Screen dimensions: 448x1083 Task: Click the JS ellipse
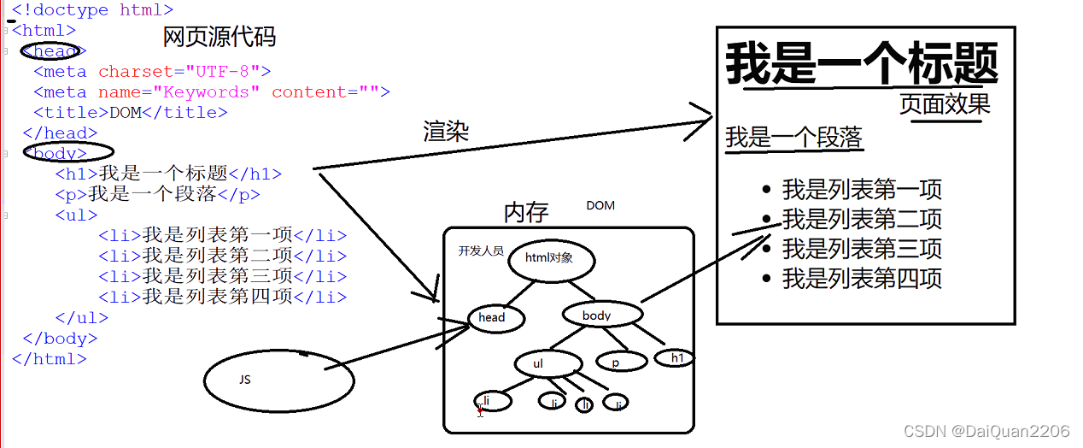pyautogui.click(x=279, y=379)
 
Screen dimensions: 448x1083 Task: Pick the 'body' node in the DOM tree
pyautogui.click(x=600, y=315)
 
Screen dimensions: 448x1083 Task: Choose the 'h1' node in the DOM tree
pyautogui.click(x=676, y=358)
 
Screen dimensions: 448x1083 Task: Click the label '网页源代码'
pyautogui.click(x=220, y=38)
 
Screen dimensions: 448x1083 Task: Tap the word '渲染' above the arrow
pyautogui.click(x=447, y=132)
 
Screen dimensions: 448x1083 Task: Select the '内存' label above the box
pyautogui.click(x=526, y=212)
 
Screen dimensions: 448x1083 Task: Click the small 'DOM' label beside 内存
pyautogui.click(x=600, y=206)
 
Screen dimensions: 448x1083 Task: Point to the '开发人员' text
pyautogui.click(x=481, y=251)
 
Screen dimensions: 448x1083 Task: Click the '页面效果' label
pyautogui.click(x=945, y=104)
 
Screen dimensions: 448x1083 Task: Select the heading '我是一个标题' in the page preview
pyautogui.click(x=862, y=64)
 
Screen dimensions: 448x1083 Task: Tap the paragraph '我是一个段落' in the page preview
pyautogui.click(x=794, y=138)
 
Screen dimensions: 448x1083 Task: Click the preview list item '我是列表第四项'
pyautogui.click(x=862, y=279)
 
